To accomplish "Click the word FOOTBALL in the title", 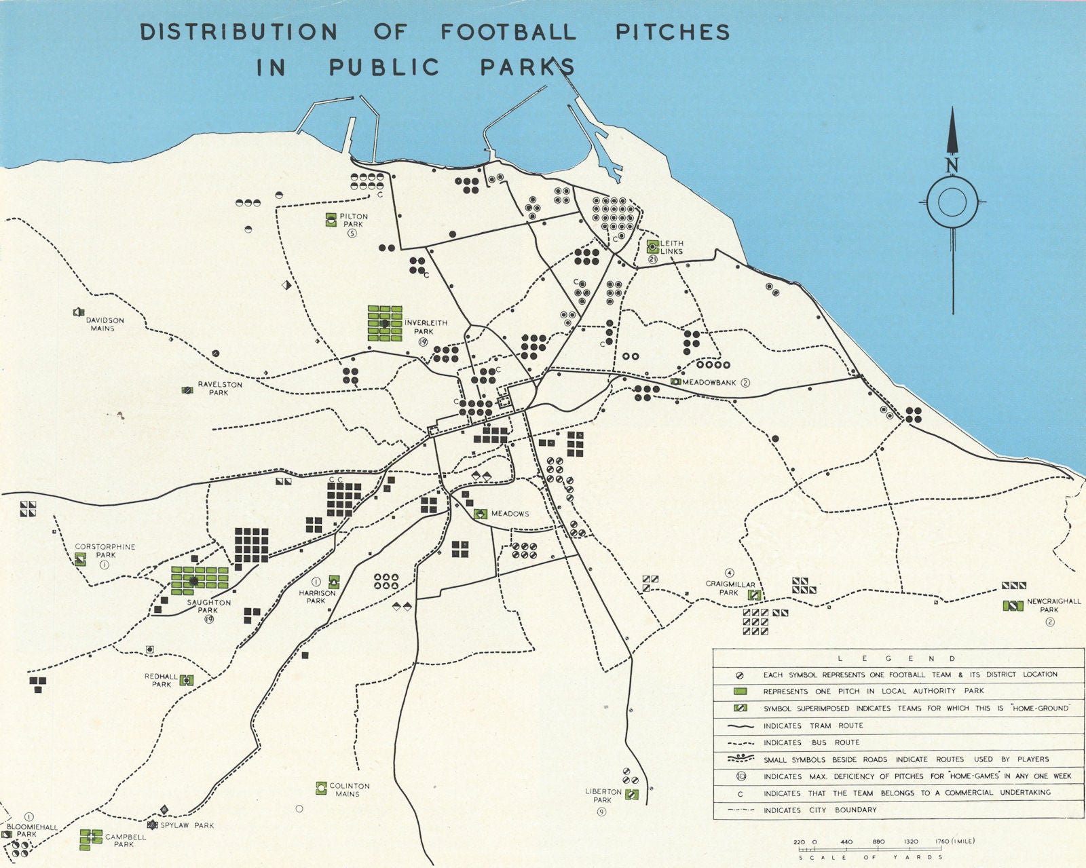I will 508,32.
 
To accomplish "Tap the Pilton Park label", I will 354,221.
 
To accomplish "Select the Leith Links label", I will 672,247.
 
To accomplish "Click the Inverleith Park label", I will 426,327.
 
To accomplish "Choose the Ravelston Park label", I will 219,388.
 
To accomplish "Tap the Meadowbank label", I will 709,383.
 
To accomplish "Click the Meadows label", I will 510,514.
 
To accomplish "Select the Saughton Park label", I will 208,606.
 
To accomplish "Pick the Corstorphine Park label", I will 105,550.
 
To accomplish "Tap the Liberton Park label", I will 603,795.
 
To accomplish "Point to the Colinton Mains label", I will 349,790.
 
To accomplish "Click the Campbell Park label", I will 125,841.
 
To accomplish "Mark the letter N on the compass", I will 952,165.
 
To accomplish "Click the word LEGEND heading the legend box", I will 896,658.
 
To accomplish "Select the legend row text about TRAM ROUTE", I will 812,725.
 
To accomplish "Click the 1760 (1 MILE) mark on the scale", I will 954,842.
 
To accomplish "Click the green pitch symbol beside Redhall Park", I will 187,680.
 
